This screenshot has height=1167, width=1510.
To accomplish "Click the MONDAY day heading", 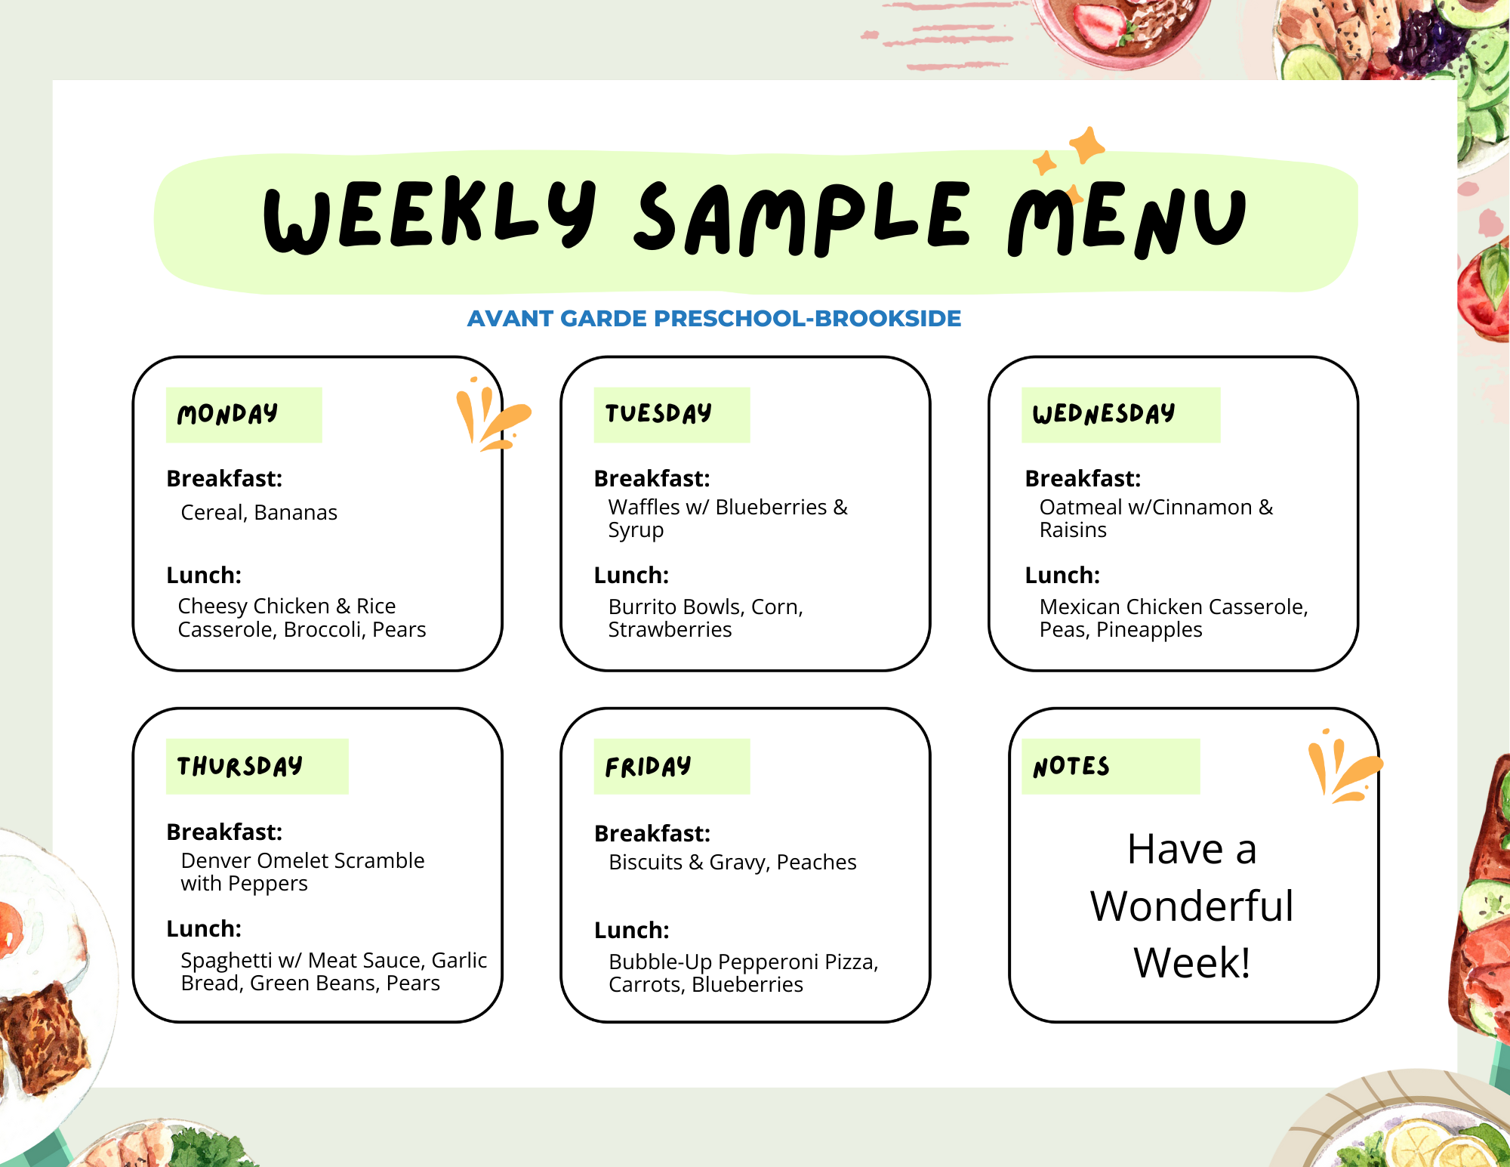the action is (x=227, y=414).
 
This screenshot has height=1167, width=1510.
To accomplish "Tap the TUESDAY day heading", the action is (x=658, y=413).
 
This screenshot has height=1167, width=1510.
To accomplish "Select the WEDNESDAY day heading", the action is (x=1104, y=413).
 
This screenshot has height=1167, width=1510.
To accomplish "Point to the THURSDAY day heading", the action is (x=240, y=766).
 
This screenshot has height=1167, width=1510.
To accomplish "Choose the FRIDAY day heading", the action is (x=648, y=767).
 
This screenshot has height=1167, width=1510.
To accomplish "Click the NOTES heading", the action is (x=1071, y=767).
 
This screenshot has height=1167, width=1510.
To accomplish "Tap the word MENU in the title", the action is (x=1127, y=221).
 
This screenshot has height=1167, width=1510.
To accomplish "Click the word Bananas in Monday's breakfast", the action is (x=296, y=512).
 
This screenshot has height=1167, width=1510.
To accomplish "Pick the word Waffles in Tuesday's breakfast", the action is (x=644, y=507).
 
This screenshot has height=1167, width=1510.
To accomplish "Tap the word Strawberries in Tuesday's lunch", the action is (x=670, y=629).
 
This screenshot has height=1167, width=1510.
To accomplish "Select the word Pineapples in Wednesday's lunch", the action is (x=1149, y=630).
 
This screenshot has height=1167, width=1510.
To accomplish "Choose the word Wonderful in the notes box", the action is (x=1192, y=906).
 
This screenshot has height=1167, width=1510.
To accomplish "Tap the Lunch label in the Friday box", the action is (x=632, y=930).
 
